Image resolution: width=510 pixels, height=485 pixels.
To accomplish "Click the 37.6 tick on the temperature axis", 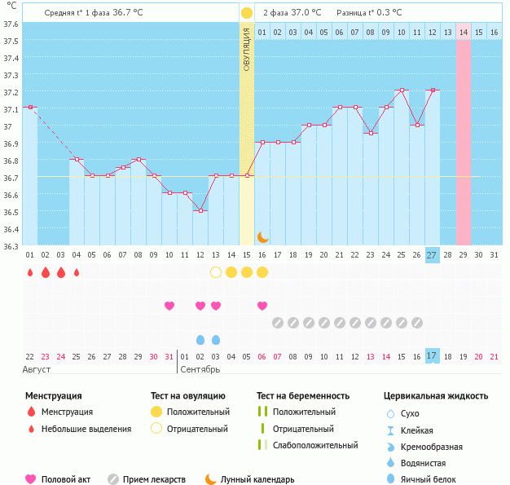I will click(11, 24).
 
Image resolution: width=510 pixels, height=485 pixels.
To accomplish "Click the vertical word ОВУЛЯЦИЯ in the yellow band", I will click(247, 49).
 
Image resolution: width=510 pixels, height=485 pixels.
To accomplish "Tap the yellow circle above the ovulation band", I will click(246, 13).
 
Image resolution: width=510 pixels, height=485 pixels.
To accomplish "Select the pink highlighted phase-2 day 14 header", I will click(463, 32).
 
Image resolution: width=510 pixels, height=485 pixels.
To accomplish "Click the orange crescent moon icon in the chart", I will click(262, 236).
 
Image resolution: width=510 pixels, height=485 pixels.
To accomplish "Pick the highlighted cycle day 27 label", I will click(432, 254).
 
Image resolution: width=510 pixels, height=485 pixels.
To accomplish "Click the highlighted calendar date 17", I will click(432, 356).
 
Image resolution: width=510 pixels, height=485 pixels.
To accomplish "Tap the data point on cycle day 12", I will click(200, 210).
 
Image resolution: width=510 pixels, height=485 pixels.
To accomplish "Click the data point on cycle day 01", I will click(30, 107).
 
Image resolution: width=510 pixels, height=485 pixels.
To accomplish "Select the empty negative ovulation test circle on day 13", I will click(216, 272).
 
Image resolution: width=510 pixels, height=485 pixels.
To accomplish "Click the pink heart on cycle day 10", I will click(169, 306).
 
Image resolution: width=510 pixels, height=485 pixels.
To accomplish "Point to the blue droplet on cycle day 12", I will click(200, 339).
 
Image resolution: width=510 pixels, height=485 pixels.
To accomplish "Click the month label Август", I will click(37, 369).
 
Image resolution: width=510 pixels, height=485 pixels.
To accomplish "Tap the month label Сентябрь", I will click(200, 369).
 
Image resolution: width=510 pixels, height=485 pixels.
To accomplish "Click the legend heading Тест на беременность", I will click(302, 396).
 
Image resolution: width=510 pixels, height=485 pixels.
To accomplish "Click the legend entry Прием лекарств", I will click(154, 480).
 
